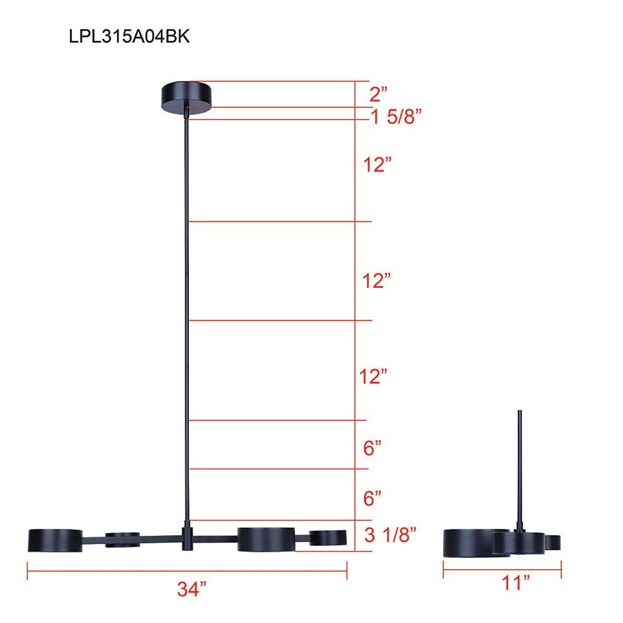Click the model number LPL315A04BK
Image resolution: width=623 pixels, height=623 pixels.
point(129,37)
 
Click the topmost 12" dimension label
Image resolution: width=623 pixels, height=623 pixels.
point(378,165)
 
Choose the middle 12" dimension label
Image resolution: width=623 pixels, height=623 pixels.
point(378,281)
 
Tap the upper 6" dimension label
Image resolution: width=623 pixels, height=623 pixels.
point(372,449)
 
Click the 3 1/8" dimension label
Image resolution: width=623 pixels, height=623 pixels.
point(390,535)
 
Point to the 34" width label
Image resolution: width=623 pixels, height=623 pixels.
point(191,590)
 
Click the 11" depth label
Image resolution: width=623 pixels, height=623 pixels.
point(515,584)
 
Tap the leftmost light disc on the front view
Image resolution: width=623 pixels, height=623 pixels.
point(55,540)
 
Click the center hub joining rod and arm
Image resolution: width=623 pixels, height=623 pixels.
point(187,539)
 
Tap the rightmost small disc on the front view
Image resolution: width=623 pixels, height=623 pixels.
point(328,537)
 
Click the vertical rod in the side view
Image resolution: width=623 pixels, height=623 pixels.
point(520,464)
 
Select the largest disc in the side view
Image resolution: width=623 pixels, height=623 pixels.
point(468,542)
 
